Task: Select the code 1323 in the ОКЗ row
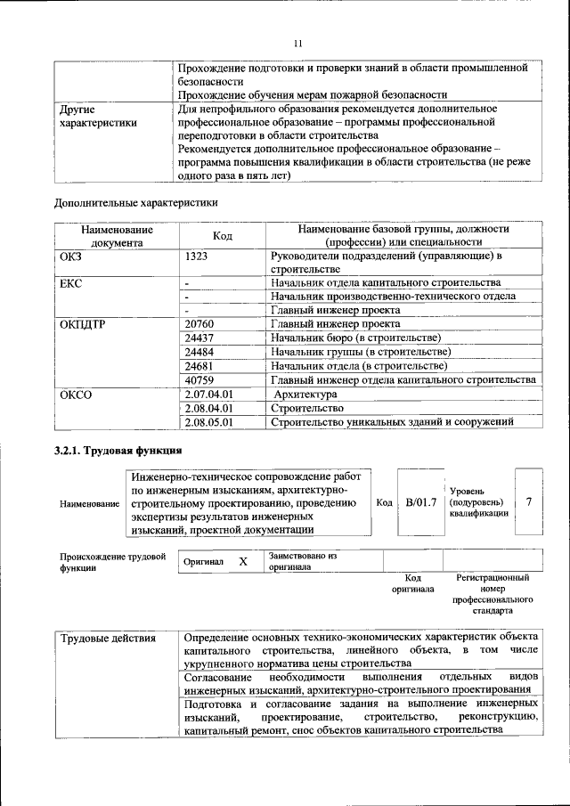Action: (198, 256)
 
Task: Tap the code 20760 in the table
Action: (200, 324)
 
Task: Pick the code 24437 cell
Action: (200, 338)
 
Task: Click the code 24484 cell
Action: (200, 352)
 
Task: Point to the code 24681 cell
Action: (200, 366)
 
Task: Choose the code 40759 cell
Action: (200, 380)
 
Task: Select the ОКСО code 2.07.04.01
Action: (208, 394)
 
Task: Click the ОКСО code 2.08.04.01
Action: (208, 408)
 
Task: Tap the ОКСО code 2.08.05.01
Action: (208, 422)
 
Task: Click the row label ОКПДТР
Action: (83, 324)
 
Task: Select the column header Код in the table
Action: (223, 235)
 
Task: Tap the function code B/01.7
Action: (421, 502)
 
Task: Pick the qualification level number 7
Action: (529, 502)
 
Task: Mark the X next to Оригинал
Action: (242, 562)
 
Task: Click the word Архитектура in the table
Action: (305, 394)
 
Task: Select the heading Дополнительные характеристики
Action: (136, 202)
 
